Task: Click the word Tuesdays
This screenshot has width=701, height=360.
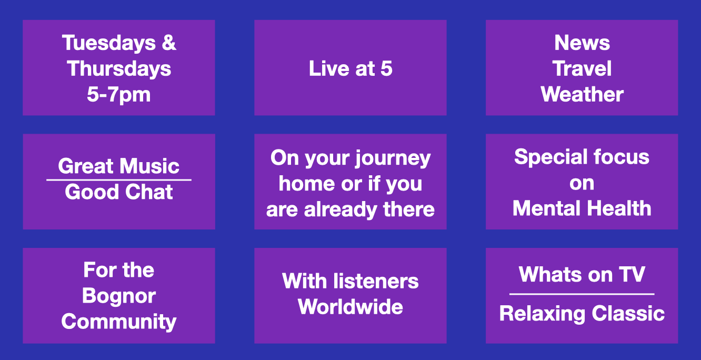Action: click(x=108, y=43)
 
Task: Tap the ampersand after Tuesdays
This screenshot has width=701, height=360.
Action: click(x=169, y=43)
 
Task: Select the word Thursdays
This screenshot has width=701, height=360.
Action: click(x=119, y=69)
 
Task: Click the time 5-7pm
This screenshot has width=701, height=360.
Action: click(x=119, y=95)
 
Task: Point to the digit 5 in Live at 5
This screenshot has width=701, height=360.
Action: click(x=386, y=68)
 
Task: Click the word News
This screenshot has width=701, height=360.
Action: click(x=582, y=43)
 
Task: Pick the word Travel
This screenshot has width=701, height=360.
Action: click(x=582, y=68)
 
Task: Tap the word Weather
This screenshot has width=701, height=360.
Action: click(x=582, y=94)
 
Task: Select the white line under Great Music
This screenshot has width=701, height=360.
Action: click(x=119, y=180)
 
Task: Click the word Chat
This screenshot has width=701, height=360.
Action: click(x=149, y=192)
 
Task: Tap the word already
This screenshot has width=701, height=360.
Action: click(x=341, y=209)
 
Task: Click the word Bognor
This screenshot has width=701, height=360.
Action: click(x=119, y=296)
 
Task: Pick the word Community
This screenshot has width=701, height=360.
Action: click(x=119, y=322)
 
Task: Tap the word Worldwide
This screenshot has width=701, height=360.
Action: click(x=350, y=307)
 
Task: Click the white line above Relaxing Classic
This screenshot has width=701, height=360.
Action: click(x=582, y=294)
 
